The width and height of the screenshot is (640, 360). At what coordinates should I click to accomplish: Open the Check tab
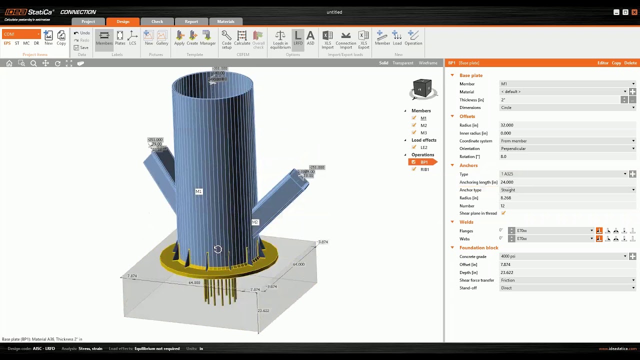(x=157, y=21)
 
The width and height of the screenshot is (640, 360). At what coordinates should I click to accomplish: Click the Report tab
(x=191, y=21)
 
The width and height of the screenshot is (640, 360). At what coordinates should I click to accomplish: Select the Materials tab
(x=225, y=21)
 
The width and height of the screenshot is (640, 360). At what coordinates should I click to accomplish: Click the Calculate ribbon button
(x=242, y=38)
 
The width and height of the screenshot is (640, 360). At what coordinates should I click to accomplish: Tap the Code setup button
(x=226, y=38)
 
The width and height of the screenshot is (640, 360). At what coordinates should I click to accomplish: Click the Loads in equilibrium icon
(x=280, y=38)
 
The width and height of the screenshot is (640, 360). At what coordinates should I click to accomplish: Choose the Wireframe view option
(x=428, y=63)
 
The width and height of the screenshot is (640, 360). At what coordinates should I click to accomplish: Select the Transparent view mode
(x=402, y=63)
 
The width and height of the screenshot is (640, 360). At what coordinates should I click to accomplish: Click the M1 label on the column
(x=198, y=191)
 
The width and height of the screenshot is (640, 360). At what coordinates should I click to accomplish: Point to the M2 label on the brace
(x=255, y=222)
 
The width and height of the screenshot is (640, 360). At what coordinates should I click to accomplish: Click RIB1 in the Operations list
(x=424, y=169)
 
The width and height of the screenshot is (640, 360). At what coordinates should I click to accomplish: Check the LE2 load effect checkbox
(x=414, y=147)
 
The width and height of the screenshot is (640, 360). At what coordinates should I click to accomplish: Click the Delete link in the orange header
(x=630, y=63)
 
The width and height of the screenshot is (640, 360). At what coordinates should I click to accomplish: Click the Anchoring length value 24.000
(x=507, y=182)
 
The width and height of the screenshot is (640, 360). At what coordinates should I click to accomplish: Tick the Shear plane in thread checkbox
(x=503, y=213)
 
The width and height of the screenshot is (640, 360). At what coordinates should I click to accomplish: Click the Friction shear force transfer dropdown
(x=567, y=280)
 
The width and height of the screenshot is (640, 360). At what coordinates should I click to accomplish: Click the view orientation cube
(x=422, y=89)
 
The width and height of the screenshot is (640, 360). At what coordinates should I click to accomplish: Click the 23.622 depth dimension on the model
(x=263, y=310)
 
